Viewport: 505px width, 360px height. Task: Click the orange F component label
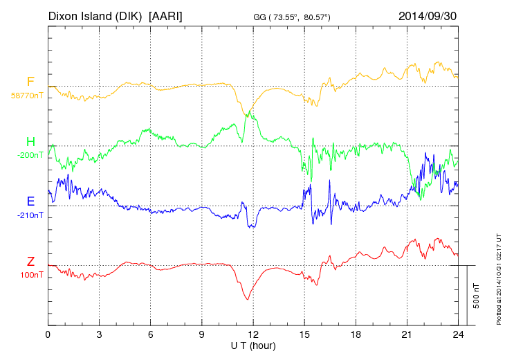point(30,82)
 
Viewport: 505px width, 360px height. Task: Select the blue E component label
point(30,201)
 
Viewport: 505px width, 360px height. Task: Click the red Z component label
point(30,261)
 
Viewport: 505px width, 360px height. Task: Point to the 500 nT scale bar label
point(477,296)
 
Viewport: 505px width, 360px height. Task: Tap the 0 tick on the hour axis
point(48,334)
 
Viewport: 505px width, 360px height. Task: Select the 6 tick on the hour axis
point(150,334)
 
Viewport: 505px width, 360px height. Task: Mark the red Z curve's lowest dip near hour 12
point(247,299)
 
